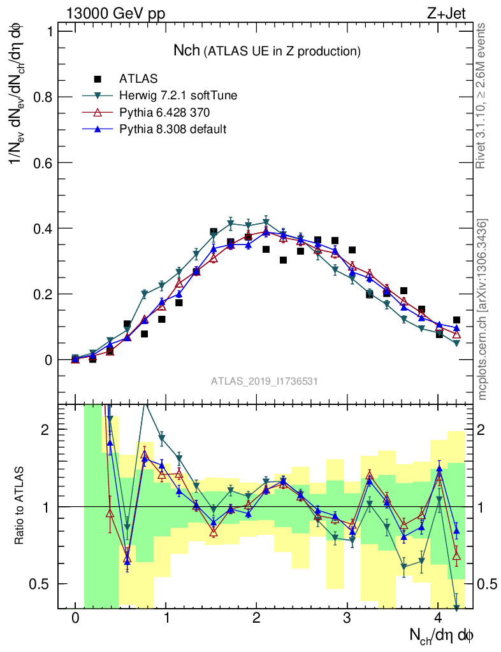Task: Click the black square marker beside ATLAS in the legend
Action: (98, 80)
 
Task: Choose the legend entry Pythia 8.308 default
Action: (173, 129)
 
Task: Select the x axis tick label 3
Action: (347, 618)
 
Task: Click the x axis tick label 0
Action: (75, 618)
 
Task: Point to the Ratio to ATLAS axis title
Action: (20, 506)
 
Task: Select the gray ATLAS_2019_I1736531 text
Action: (265, 381)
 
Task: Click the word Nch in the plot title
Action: (187, 50)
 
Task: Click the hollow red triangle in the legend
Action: (98, 113)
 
